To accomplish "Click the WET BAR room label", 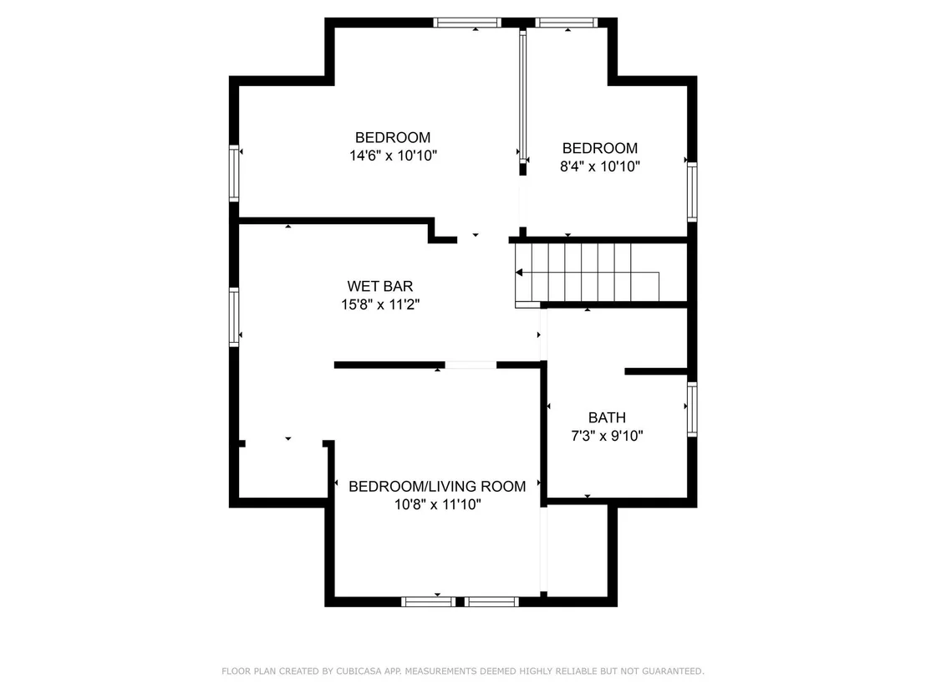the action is (379, 286).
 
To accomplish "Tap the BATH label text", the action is (607, 418).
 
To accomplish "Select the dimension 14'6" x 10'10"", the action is (393, 156).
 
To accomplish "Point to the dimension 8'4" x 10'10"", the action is (600, 166).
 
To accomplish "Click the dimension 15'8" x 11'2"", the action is (380, 304).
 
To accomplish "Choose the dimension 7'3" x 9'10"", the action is (607, 436).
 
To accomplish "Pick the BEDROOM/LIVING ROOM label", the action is (437, 487).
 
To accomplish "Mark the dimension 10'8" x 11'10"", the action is (438, 504).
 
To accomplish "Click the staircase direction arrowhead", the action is (519, 273).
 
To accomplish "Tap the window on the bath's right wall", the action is (691, 409).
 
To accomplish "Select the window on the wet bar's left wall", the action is (234, 316).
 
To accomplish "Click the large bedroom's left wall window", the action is (234, 173).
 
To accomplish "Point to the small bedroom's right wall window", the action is (691, 192).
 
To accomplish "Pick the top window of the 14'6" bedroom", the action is (467, 23).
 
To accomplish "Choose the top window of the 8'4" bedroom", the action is (567, 23).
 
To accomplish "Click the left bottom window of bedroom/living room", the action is (428, 601).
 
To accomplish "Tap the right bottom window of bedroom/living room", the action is (491, 601).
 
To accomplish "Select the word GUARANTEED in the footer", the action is (674, 672).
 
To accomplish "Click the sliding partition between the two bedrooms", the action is (522, 95).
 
